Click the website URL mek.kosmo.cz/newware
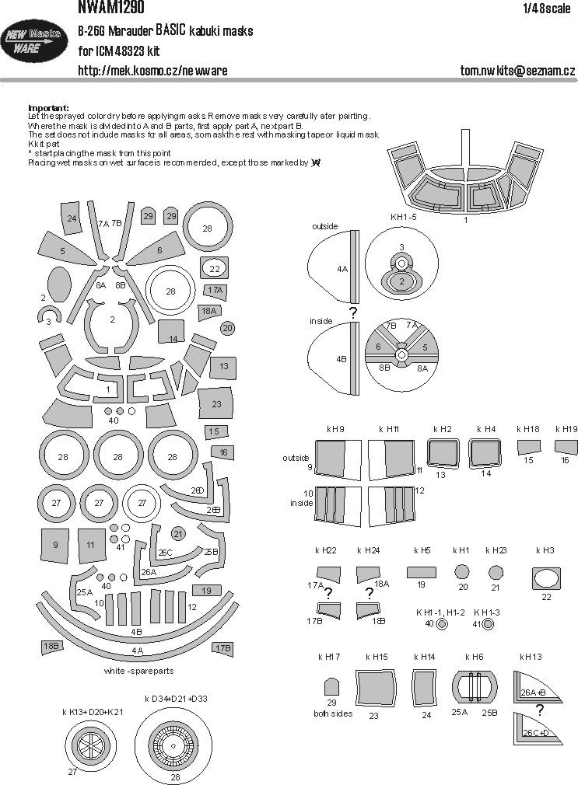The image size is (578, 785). pyautogui.click(x=152, y=71)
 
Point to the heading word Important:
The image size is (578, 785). pyautogui.click(x=48, y=107)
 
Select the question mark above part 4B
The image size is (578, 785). pyautogui.click(x=352, y=312)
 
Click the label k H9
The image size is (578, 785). pyautogui.click(x=336, y=429)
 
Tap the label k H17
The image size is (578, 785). pyautogui.click(x=329, y=657)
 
